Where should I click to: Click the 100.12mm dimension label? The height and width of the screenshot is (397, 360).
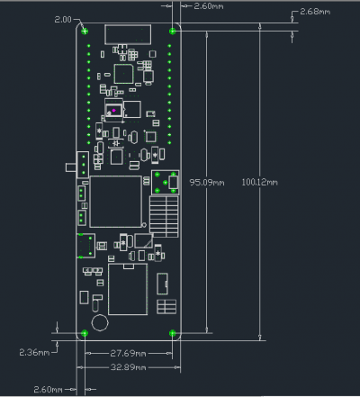pos(259,182)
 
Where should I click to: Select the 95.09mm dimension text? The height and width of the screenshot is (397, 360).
pos(207,182)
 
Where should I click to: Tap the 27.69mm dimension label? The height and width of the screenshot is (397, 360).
pos(128,353)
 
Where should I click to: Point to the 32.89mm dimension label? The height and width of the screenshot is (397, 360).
pos(128,367)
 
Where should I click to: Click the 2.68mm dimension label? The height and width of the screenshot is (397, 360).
pos(315,12)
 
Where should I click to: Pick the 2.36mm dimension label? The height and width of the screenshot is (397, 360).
pos(34,352)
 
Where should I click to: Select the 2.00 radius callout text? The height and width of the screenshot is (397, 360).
pos(63,20)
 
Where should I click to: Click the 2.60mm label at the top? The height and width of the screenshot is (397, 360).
pos(209,6)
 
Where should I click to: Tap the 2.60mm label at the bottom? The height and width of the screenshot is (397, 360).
pos(48,390)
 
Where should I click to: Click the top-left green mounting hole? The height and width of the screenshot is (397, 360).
pos(85,31)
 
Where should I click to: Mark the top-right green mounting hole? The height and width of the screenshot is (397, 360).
pos(173,31)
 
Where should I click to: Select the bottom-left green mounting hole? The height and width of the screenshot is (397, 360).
pos(85,333)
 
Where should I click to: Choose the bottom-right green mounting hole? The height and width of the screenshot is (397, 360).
pos(173,333)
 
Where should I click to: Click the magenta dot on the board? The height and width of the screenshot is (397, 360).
pos(113,111)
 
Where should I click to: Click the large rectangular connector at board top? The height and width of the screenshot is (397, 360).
pos(128,34)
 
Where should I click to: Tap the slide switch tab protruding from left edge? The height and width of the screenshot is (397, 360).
pos(71,167)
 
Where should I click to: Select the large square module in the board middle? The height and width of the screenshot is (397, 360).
pos(116,202)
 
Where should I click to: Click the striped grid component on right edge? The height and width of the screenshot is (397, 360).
pos(164,216)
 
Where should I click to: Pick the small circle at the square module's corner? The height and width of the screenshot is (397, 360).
pos(144,225)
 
